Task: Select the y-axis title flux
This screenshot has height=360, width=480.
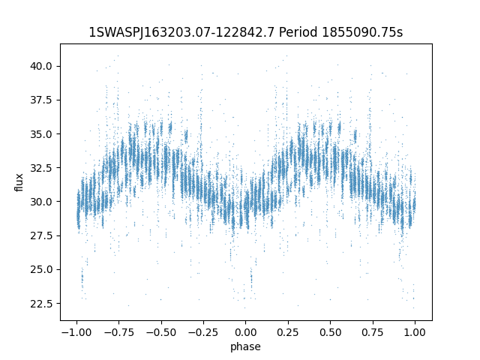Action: pos(19,182)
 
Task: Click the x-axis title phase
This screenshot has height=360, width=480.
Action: pos(245,346)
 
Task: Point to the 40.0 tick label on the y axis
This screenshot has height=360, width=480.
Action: pos(41,66)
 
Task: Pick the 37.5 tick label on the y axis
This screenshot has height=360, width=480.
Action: pos(41,100)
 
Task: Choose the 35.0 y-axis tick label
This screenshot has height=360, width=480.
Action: pos(41,134)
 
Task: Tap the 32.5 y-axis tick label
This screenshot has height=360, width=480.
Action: pos(41,168)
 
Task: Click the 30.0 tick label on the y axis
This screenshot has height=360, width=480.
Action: pos(41,202)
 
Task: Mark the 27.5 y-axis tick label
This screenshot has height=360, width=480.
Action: pos(41,235)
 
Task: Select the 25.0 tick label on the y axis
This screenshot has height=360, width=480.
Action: pos(41,269)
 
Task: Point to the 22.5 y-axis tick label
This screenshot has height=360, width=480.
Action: pos(41,304)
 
